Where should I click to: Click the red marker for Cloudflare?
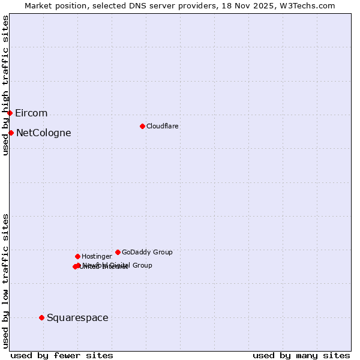coord(142,126)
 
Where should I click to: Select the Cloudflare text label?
coord(163,126)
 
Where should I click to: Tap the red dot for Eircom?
coord(10,113)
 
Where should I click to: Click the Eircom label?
coord(31,113)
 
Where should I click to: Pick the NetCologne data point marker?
coord(11,133)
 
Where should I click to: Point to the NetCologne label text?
coord(44,133)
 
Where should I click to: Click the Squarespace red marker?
coord(41,317)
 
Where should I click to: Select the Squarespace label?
coord(77,318)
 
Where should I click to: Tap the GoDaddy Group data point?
coord(118,252)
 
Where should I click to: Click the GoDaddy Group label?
coord(147,252)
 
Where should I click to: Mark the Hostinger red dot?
coord(77,256)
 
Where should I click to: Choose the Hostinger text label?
coord(97,256)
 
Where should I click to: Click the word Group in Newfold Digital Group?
coord(142,265)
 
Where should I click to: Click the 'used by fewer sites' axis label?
coord(62,356)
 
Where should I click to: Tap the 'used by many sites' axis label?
coord(301,356)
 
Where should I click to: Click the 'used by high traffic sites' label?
coord(5,85)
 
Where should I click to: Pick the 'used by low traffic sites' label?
coord(5,281)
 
